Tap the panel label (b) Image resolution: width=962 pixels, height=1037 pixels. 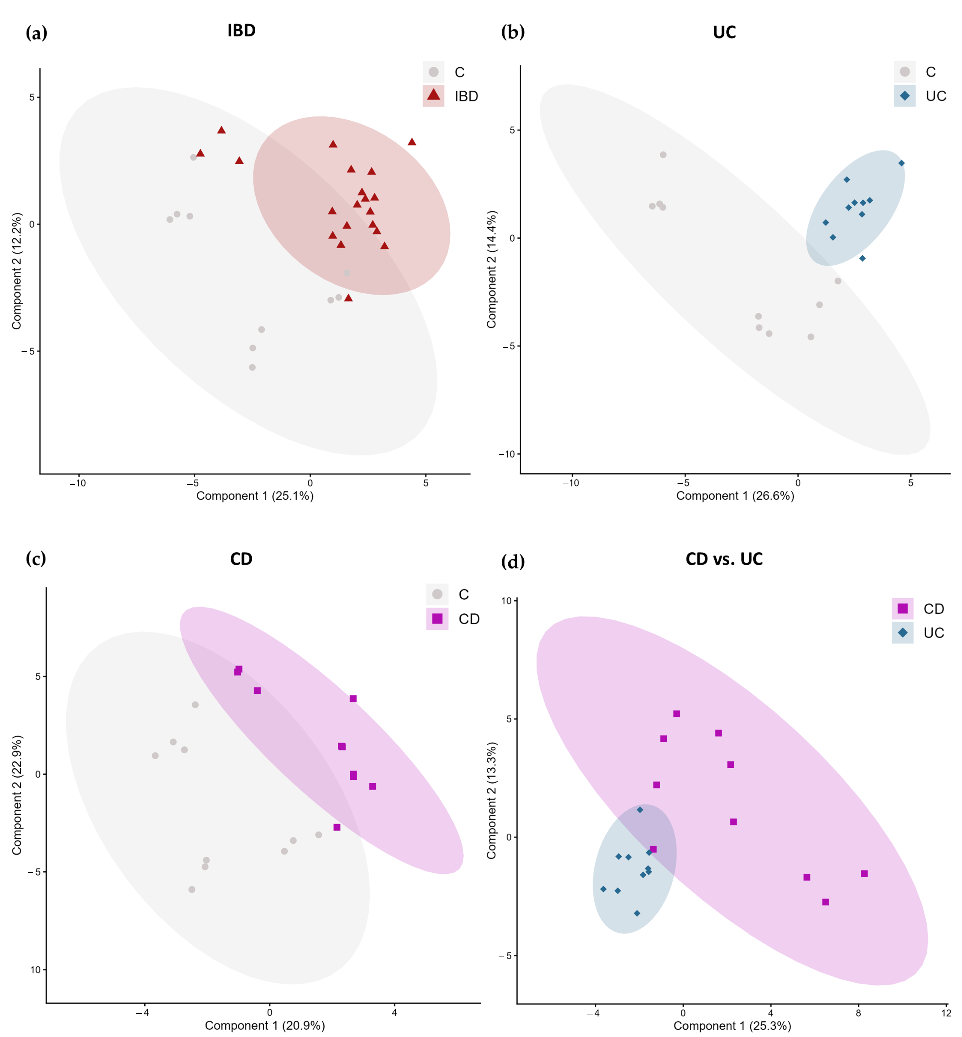513,32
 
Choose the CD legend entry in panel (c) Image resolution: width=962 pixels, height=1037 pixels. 453,619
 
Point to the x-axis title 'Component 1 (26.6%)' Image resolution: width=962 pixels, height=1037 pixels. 735,496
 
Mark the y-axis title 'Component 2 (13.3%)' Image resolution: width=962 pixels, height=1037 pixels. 491,801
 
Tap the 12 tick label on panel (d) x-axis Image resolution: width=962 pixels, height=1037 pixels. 946,1013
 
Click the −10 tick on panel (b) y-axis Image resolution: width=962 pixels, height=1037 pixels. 506,454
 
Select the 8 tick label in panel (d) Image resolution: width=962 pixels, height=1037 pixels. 858,1013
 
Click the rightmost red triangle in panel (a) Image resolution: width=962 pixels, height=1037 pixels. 412,142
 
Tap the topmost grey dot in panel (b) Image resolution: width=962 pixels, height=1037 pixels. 663,155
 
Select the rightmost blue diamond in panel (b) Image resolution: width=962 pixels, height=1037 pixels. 902,163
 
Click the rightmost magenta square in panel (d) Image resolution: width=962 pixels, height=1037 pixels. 864,874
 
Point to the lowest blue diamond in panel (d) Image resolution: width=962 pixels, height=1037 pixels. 637,913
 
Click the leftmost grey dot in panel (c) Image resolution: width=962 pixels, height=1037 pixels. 155,755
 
